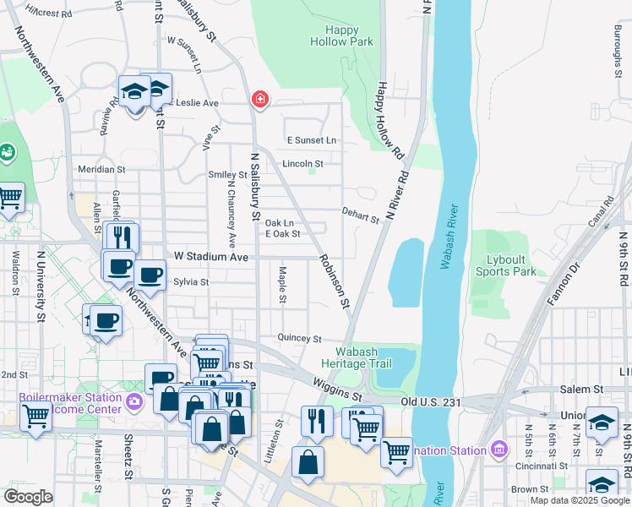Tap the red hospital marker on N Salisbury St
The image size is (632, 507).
pyautogui.click(x=259, y=101)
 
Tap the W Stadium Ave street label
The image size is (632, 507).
pyautogui.click(x=211, y=256)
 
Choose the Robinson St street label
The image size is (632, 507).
pyautogui.click(x=333, y=280)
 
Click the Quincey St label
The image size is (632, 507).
pyautogui.click(x=300, y=339)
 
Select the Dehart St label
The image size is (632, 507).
pyautogui.click(x=361, y=215)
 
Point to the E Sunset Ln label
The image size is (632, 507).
pyautogui.click(x=312, y=140)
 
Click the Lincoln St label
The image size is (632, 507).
pyautogui.click(x=302, y=163)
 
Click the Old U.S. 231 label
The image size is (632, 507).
pyautogui.click(x=431, y=402)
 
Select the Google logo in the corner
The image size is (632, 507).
pyautogui.click(x=29, y=497)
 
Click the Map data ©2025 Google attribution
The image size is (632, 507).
pyautogui.click(x=579, y=500)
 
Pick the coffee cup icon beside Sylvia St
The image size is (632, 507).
pyautogui.click(x=150, y=274)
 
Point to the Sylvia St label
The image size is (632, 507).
pyautogui.click(x=191, y=281)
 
